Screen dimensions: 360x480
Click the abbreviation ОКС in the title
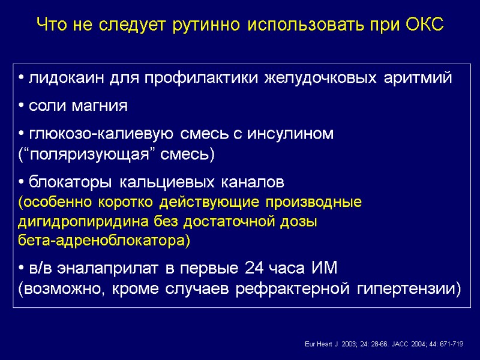[x=423, y=25]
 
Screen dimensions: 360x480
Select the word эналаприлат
[x=90, y=268]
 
